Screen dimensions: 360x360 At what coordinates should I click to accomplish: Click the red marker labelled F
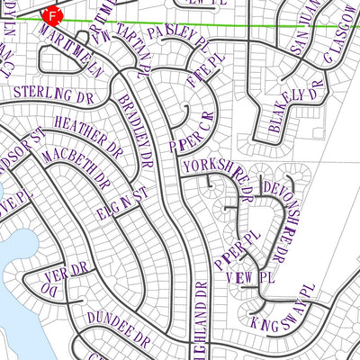[53, 16]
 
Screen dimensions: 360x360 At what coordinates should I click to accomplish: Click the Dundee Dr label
[118, 328]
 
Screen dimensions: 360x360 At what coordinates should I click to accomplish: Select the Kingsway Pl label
[281, 310]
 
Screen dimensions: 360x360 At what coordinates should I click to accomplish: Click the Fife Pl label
[205, 71]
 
